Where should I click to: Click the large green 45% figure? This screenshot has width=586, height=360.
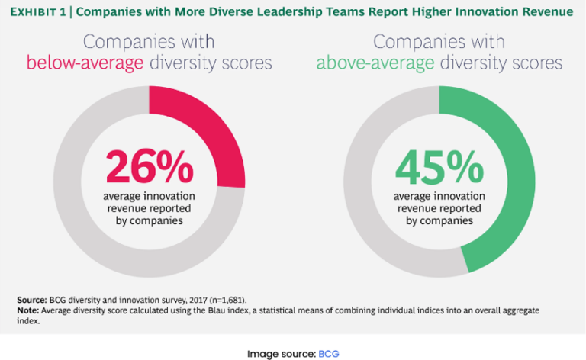tap(439, 166)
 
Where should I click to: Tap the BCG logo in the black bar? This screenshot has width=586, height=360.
tap(328, 354)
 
